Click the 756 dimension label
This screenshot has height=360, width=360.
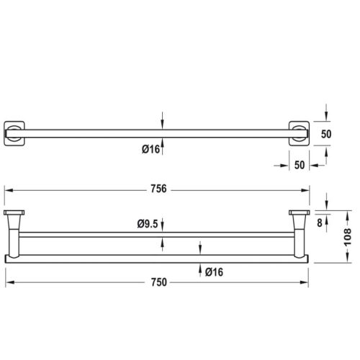158,189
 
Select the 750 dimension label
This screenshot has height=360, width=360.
158,281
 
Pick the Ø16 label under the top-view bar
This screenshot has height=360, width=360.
150,150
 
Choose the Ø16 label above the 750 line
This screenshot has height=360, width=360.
213,271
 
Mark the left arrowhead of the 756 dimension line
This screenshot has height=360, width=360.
9,189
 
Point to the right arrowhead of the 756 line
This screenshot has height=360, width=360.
308,189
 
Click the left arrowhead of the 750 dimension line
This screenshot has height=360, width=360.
9,281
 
